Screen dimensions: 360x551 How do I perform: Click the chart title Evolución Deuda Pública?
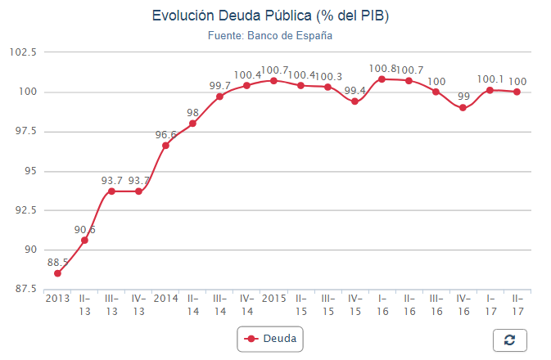[270, 16]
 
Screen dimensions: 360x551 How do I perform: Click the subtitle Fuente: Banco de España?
[270, 36]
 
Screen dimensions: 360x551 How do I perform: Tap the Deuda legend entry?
[270, 338]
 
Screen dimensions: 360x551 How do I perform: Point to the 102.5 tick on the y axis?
[23, 52]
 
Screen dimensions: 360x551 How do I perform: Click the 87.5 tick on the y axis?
[23, 289]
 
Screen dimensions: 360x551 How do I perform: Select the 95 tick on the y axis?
[29, 171]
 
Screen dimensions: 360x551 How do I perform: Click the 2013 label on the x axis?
[57, 298]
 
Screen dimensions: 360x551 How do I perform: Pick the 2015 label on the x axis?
[273, 298]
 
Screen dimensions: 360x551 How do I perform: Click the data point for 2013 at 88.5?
[57, 273]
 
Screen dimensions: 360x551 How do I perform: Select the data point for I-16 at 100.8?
[382, 79]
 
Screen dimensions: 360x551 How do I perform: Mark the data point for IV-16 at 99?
[463, 107]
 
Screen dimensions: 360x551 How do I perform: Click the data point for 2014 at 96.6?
[165, 145]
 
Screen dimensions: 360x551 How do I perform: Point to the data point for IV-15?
[355, 101]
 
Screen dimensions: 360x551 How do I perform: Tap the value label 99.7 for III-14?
[219, 86]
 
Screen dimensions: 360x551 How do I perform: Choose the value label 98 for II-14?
[192, 113]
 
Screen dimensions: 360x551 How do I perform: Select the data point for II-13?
[84, 240]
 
